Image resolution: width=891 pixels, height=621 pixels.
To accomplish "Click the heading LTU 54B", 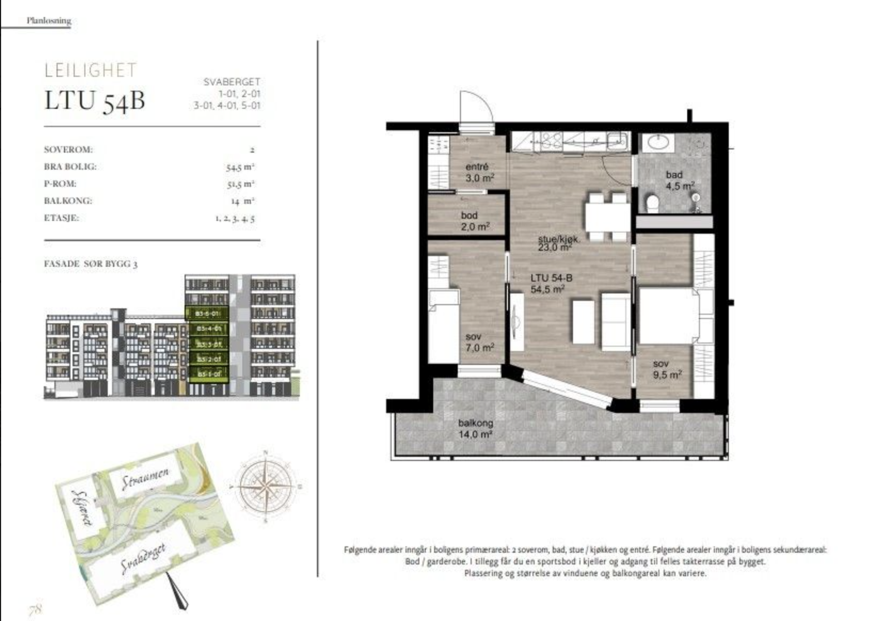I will (x=95, y=101).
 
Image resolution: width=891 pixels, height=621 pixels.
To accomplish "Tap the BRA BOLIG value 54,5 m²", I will (x=240, y=167).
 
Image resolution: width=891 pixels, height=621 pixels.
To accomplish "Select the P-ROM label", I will (x=60, y=184).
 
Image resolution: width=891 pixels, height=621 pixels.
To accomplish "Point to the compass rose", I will (x=266, y=486).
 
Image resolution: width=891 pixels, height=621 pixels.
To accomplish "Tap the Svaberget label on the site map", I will (x=144, y=559).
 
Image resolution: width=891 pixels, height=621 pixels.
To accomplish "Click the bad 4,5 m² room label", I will (x=679, y=180).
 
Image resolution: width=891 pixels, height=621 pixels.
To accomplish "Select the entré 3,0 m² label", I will (x=478, y=173).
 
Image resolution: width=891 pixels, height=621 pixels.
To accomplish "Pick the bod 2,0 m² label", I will (x=474, y=221).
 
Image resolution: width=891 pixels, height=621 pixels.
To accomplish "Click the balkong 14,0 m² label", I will (x=475, y=429).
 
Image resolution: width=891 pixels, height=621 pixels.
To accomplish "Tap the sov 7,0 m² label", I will (x=479, y=343).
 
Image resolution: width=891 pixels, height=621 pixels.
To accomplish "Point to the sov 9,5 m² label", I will (x=667, y=369).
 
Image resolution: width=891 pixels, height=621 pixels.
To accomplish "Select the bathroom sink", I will (x=659, y=143).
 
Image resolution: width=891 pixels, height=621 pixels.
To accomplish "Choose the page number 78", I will (x=35, y=608).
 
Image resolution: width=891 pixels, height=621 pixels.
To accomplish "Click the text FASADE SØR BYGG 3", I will (x=90, y=264).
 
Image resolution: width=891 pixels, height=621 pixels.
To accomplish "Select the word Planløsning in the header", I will (x=49, y=21).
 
